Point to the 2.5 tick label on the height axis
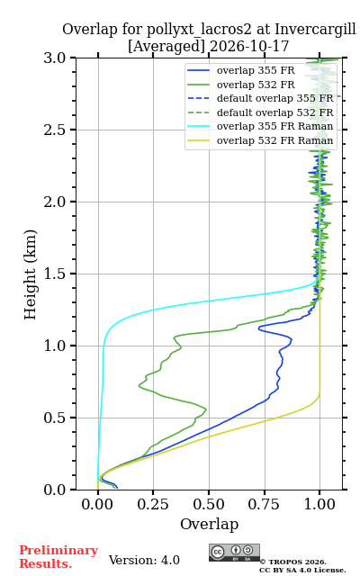coord(55,130)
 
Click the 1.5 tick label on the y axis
coord(55,274)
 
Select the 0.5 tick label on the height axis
coord(55,418)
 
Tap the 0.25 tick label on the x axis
coord(153,504)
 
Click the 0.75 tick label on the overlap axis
coord(264,504)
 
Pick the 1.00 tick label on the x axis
coord(319,504)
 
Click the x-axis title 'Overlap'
coord(210,524)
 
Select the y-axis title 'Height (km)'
coord(30,274)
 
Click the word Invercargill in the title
coord(316,30)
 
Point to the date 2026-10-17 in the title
coord(249,47)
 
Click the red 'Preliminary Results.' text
coord(58,557)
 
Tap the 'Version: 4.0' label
coord(144,560)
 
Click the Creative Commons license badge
coord(234,553)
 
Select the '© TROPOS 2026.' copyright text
coord(293,562)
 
